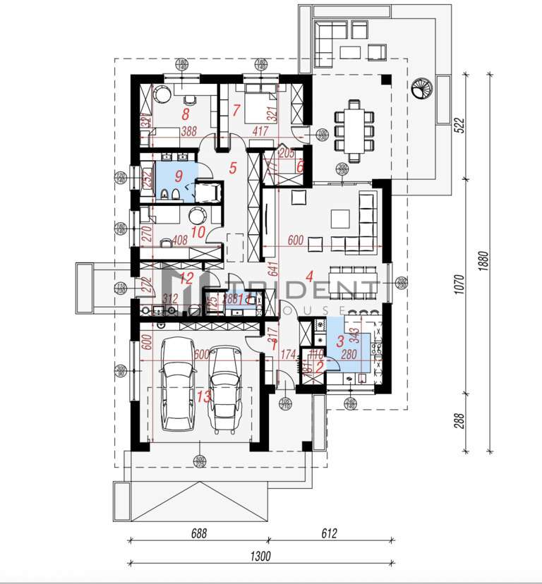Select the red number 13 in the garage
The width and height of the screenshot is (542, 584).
tap(203, 397)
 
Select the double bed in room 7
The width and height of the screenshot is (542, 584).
tap(261, 101)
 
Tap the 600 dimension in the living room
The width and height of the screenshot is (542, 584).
tap(295, 241)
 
